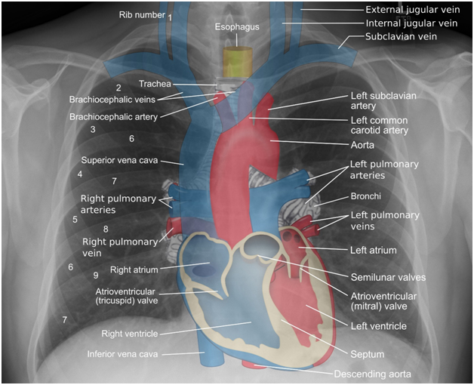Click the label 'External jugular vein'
tap(413, 10)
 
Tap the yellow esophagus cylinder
tap(237, 61)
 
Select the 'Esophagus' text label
tap(237, 27)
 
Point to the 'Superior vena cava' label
tap(119, 160)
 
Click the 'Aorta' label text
tap(362, 145)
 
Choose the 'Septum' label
tap(368, 354)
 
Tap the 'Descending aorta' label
tap(372, 374)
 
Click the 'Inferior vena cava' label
tap(122, 354)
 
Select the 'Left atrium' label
tap(374, 251)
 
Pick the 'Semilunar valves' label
tap(388, 277)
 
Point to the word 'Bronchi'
tap(366, 196)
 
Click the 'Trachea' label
tap(155, 84)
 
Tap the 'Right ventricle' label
tap(130, 334)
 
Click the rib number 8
tap(106, 229)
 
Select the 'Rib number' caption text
tap(142, 15)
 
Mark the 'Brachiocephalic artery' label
tap(114, 117)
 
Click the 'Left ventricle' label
tap(378, 326)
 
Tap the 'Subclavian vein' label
tap(401, 36)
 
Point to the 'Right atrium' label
tap(134, 269)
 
